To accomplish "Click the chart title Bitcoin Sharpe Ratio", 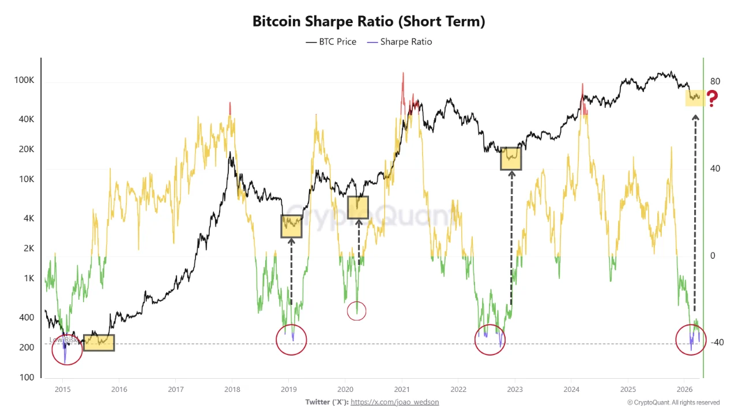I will point(368,22).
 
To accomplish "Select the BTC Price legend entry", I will point(331,41).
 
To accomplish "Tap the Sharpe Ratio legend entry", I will point(400,41).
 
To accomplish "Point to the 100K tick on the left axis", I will point(24,80).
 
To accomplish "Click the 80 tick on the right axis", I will point(715,81).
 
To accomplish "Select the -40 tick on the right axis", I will point(716,342).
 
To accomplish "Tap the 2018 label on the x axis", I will point(232,389).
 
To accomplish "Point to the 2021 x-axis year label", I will point(401,389).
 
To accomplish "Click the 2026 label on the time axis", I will point(684,389).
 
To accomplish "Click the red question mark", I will point(713,99).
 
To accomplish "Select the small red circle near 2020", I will point(357,311).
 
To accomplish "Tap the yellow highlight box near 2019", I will point(291,226).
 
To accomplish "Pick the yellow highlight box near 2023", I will point(511,158).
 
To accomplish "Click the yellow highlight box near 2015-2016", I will point(99,342).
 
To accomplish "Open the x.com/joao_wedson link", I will point(394,402).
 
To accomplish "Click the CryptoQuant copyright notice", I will point(673,402).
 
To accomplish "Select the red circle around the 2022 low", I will point(490,340).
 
